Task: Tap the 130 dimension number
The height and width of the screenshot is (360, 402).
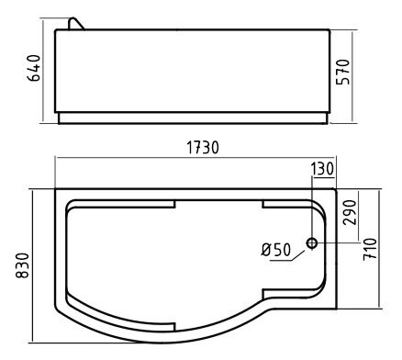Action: click(323, 168)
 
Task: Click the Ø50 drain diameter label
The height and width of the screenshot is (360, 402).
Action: click(276, 248)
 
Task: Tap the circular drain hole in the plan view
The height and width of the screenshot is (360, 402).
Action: click(312, 243)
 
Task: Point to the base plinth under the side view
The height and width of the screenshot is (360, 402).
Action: click(193, 118)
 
